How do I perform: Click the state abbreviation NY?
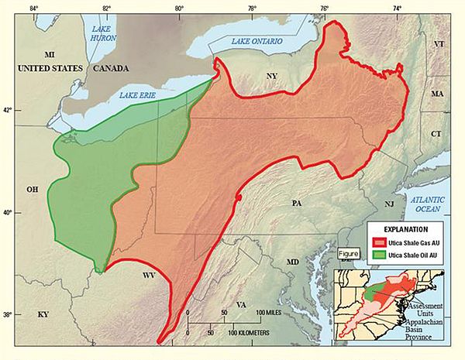270,76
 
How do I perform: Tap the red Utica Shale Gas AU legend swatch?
376,243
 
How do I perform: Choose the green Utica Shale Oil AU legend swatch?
376,255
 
